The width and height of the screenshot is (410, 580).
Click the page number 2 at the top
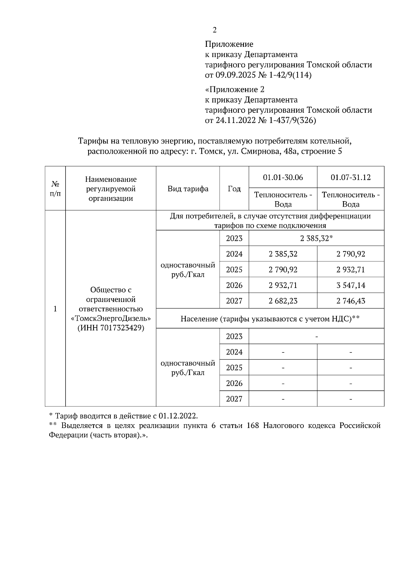(x=214, y=30)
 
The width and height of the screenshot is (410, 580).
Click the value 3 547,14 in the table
(x=351, y=285)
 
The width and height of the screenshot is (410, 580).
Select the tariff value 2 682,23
(x=283, y=301)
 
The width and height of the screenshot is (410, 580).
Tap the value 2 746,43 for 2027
(x=351, y=301)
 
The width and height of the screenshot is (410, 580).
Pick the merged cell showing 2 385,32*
(x=316, y=238)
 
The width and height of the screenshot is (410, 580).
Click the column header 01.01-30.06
(x=283, y=177)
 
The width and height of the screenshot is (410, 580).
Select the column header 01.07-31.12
(x=351, y=177)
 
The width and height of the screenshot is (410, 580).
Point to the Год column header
(x=234, y=189)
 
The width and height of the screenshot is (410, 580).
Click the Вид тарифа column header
(x=188, y=189)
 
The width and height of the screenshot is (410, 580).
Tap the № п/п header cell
(x=55, y=189)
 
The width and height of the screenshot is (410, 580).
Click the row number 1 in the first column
(x=55, y=309)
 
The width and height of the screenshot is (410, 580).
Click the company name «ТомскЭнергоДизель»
(x=111, y=318)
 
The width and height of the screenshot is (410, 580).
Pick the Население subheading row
(x=270, y=319)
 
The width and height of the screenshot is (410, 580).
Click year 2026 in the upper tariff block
(x=234, y=285)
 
